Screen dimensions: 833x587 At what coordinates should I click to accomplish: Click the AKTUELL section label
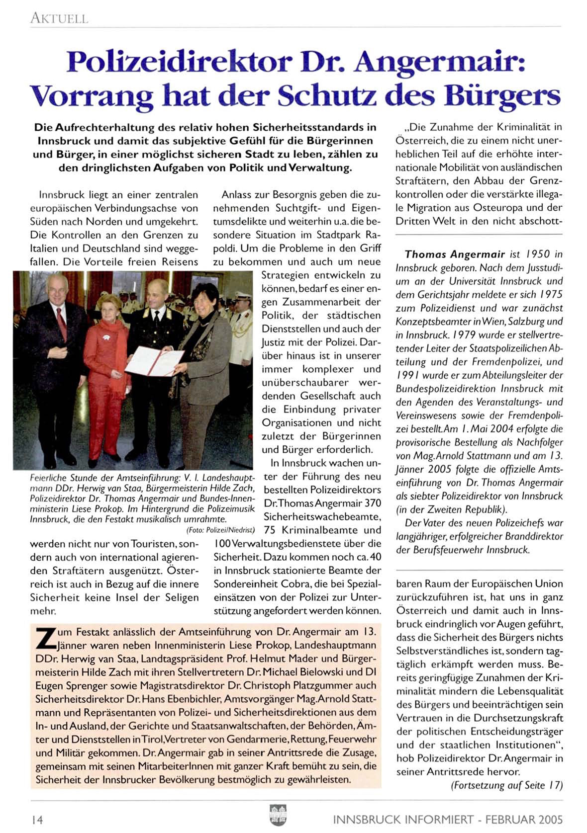[59, 18]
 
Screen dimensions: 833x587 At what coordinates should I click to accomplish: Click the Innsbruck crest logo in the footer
[278, 815]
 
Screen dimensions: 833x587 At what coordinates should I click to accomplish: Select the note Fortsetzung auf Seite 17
[506, 786]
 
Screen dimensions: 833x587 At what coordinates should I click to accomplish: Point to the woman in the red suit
[105, 368]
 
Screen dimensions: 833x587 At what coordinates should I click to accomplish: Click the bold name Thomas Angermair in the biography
[455, 254]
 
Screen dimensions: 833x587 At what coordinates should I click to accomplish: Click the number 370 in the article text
[373, 503]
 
